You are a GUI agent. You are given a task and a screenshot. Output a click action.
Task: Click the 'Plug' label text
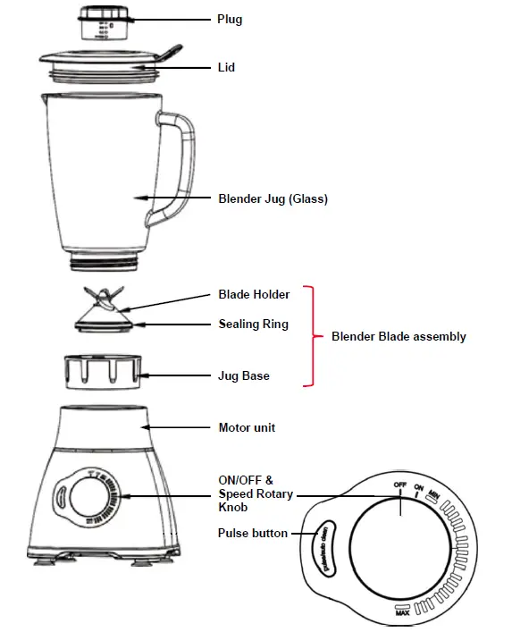pyautogui.click(x=230, y=19)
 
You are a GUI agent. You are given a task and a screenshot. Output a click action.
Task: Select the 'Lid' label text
pyautogui.click(x=226, y=67)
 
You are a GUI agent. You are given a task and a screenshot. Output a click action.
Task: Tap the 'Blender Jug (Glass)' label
pyautogui.click(x=273, y=199)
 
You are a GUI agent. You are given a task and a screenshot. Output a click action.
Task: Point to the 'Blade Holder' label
pyautogui.click(x=254, y=294)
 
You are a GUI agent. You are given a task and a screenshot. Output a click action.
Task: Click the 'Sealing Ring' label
pyautogui.click(x=254, y=324)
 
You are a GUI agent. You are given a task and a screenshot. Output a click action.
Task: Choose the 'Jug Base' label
pyautogui.click(x=244, y=375)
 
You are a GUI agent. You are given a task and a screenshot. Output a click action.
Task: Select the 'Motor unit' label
pyautogui.click(x=247, y=427)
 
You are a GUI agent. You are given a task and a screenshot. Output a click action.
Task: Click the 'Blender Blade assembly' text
pyautogui.click(x=399, y=337)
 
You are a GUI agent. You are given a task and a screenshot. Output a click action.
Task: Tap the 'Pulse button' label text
pyautogui.click(x=253, y=533)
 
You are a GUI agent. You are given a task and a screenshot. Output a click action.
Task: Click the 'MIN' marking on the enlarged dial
pyautogui.click(x=433, y=493)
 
